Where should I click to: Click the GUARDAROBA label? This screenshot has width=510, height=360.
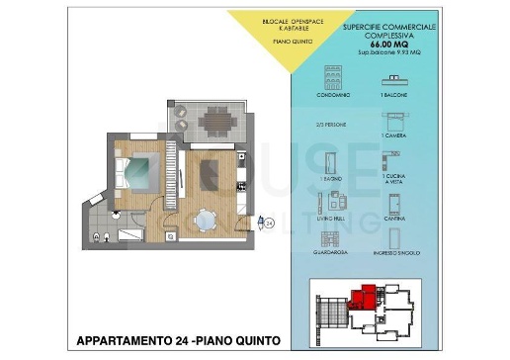click(332, 252)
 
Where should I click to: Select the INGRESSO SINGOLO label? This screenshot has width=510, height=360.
click(394, 252)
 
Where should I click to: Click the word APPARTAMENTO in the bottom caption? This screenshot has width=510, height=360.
click(118, 341)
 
